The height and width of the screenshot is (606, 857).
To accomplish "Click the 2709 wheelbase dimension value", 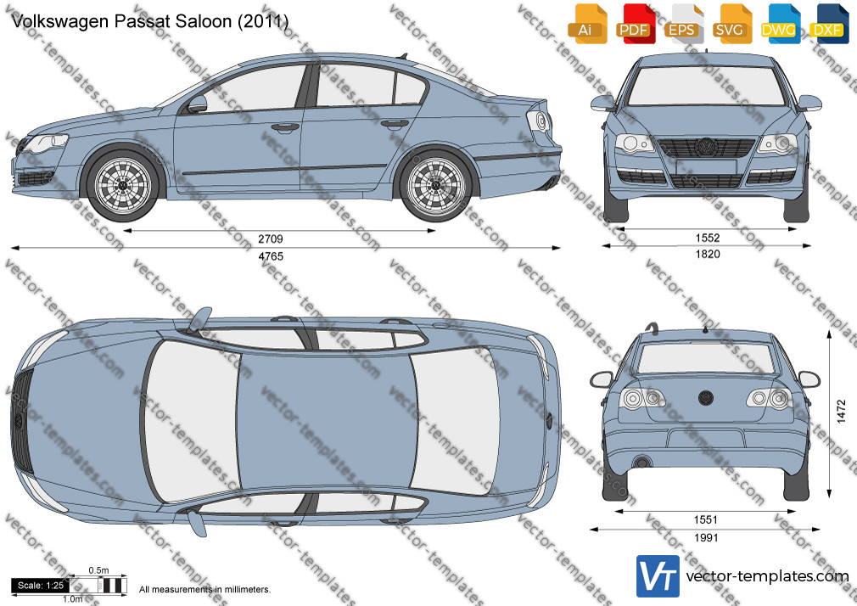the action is click(x=271, y=239).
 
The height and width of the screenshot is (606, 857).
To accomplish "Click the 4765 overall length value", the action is click(x=271, y=256).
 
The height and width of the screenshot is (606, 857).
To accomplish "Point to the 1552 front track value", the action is click(x=708, y=238).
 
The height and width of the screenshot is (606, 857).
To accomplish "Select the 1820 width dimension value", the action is click(x=708, y=255).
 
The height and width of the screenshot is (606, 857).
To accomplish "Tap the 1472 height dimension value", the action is click(x=841, y=411).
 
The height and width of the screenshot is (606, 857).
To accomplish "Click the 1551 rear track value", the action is click(x=706, y=520).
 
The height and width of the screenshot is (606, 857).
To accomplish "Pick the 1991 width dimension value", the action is click(x=706, y=538).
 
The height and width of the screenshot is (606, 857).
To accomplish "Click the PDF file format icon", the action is click(x=634, y=24).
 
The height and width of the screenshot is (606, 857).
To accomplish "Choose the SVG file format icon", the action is click(x=731, y=24).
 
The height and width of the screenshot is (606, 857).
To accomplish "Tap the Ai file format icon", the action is click(x=585, y=24).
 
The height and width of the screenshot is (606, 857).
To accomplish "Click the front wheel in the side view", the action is click(x=122, y=184).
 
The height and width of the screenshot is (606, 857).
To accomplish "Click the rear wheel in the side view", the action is click(x=435, y=184).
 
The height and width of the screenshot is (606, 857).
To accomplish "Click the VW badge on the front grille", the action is click(x=706, y=147).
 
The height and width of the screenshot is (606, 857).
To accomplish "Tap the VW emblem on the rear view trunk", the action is click(x=706, y=397).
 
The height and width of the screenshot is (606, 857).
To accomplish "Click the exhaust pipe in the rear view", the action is click(x=641, y=463).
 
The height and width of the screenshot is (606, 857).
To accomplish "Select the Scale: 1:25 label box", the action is click(x=41, y=586).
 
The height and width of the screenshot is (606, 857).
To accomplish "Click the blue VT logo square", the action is click(x=658, y=576).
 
